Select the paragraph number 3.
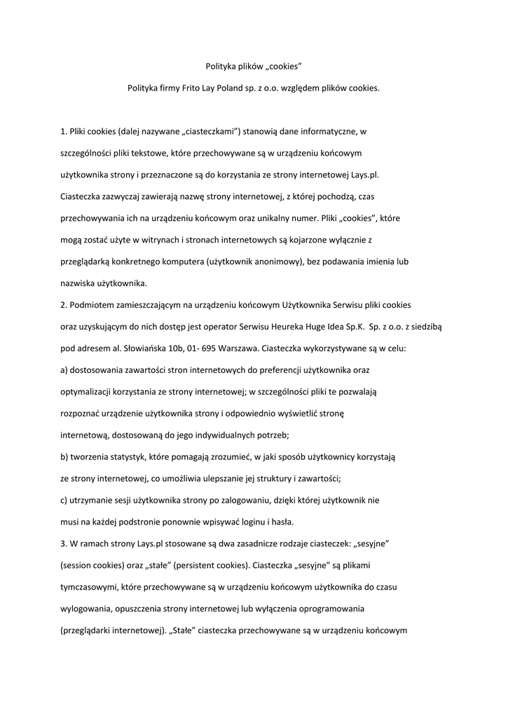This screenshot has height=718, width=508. [x=63, y=544]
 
